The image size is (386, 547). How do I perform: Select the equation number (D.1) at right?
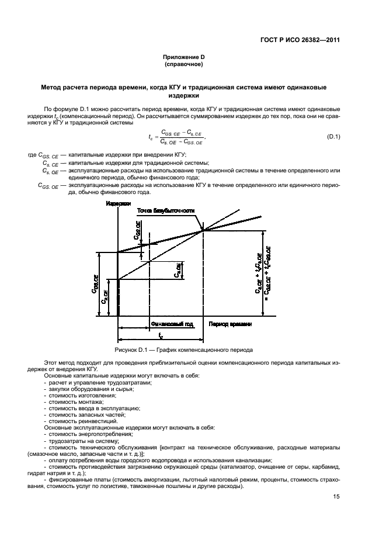pyautogui.click(x=333, y=137)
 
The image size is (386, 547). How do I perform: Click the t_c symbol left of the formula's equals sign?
pyautogui.click(x=151, y=137)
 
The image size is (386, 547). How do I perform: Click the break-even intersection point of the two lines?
pyautogui.click(x=203, y=230)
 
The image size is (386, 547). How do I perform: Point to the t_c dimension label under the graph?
pyautogui.click(x=161, y=335)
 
